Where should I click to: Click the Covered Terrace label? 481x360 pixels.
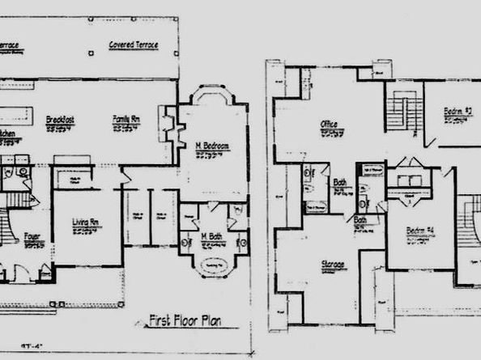click(134, 44)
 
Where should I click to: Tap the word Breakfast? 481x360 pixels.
click(61, 119)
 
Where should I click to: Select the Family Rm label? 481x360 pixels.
click(126, 119)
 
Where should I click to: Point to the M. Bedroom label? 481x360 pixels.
click(213, 146)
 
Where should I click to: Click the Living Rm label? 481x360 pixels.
click(86, 221)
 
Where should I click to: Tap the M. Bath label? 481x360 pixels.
click(213, 236)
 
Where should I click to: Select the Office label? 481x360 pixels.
click(330, 124)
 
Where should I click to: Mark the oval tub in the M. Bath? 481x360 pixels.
click(214, 265)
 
